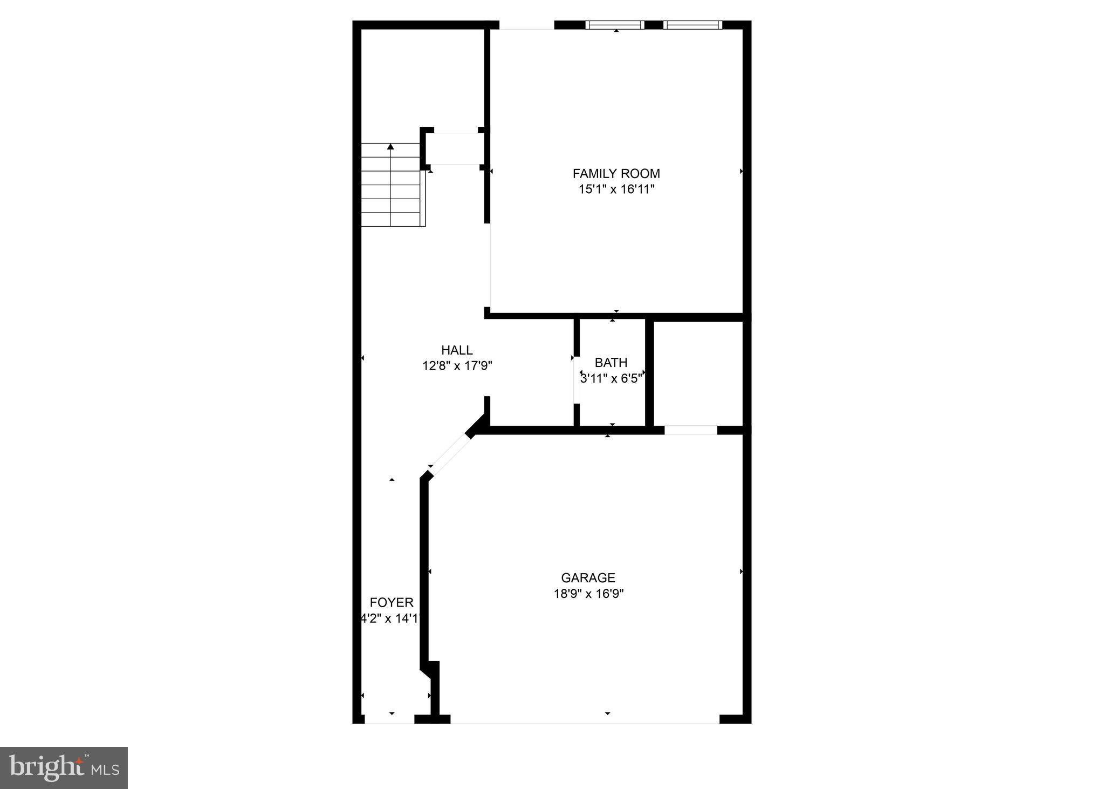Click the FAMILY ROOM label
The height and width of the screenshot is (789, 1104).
pyautogui.click(x=616, y=174)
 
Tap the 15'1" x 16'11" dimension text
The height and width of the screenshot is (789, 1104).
pyautogui.click(x=616, y=189)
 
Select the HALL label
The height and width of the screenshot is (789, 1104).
pyautogui.click(x=457, y=350)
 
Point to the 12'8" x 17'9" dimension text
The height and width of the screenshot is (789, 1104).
pyautogui.click(x=457, y=366)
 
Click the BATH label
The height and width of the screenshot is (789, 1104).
pyautogui.click(x=611, y=363)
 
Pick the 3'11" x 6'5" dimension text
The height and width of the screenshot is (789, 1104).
pyautogui.click(x=611, y=378)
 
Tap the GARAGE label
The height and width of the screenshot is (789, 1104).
pyautogui.click(x=588, y=578)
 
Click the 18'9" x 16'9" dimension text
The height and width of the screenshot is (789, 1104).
pyautogui.click(x=588, y=594)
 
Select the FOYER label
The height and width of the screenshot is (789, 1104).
pyautogui.click(x=392, y=602)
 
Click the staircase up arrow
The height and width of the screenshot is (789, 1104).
pyautogui.click(x=390, y=147)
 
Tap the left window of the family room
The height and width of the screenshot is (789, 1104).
pyautogui.click(x=615, y=25)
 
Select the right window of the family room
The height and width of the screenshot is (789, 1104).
pyautogui.click(x=692, y=25)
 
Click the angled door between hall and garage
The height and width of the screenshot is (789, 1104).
pyautogui.click(x=450, y=453)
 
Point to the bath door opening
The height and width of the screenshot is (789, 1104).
pyautogui.click(x=577, y=380)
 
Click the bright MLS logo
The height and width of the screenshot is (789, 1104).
pyautogui.click(x=64, y=767)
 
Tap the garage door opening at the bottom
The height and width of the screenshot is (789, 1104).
pyautogui.click(x=585, y=719)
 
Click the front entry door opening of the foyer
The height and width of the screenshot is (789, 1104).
pyautogui.click(x=389, y=719)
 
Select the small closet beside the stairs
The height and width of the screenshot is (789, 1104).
pyautogui.click(x=454, y=148)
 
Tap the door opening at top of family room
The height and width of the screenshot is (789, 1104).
pyautogui.click(x=526, y=25)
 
